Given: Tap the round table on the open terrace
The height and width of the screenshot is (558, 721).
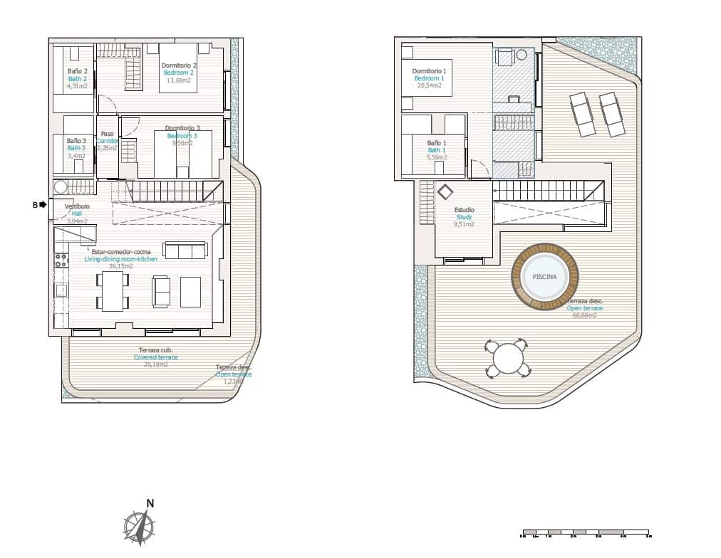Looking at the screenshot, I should click(507, 358).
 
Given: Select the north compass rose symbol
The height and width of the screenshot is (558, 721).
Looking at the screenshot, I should click(140, 527).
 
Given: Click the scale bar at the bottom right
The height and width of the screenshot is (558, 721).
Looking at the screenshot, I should click(586, 532).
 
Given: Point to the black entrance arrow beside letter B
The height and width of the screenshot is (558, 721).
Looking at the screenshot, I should click(43, 205).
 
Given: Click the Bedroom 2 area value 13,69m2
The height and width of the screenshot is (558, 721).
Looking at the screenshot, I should click(179, 80).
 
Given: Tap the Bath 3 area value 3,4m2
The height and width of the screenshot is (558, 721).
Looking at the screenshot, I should click(76, 155).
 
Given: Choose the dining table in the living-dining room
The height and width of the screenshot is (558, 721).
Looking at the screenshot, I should click(113, 292).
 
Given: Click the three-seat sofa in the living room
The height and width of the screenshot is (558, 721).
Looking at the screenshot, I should click(185, 250).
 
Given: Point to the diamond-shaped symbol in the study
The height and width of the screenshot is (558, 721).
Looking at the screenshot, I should click(445, 192).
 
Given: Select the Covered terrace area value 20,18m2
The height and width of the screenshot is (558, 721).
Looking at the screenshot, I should click(155, 364).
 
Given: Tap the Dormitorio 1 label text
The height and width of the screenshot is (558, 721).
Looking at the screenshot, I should click(429, 71).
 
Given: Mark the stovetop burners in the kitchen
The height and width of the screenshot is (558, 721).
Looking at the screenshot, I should click(61, 260).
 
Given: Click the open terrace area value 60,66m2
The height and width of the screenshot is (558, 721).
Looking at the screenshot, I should click(584, 315).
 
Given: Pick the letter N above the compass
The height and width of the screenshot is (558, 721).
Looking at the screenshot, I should click(150, 503).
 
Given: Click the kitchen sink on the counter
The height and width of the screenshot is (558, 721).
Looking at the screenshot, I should click(61, 290).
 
